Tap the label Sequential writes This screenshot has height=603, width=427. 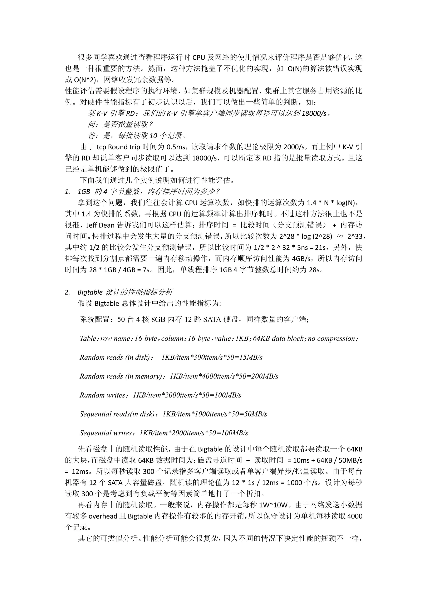click(105, 433)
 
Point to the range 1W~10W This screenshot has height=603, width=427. click(274, 505)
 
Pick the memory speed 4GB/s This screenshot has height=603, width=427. click(301, 259)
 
